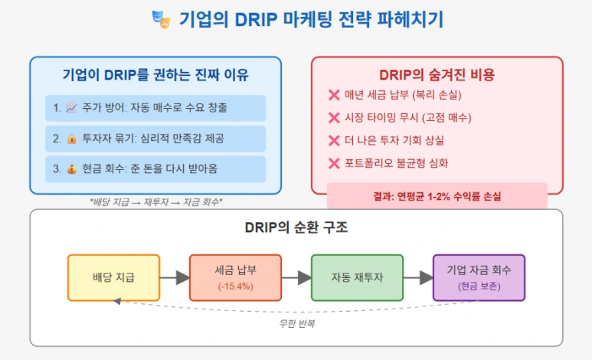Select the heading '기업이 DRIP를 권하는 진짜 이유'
pyautogui.click(x=155, y=74)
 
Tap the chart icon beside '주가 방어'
pyautogui.click(x=73, y=108)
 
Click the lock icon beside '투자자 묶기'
pyautogui.click(x=73, y=139)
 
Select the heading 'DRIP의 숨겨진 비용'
pyautogui.click(x=437, y=74)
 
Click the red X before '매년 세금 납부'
pyautogui.click(x=334, y=95)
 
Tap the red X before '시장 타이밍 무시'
pyautogui.click(x=334, y=118)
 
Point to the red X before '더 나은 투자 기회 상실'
pyautogui.click(x=334, y=141)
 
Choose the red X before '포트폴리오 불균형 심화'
pyautogui.click(x=334, y=163)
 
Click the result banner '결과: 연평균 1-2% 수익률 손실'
pyautogui.click(x=437, y=196)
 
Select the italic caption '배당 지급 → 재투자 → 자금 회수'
pyautogui.click(x=155, y=202)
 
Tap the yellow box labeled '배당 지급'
pyautogui.click(x=113, y=277)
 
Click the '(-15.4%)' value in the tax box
pyautogui.click(x=235, y=286)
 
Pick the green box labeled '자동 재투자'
pyautogui.click(x=357, y=277)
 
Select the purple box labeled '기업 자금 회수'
pyautogui.click(x=479, y=277)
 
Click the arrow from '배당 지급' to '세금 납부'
pyautogui.click(x=174, y=277)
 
